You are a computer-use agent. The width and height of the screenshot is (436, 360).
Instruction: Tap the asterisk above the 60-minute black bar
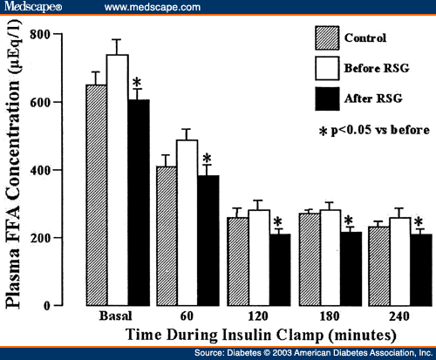click(207, 160)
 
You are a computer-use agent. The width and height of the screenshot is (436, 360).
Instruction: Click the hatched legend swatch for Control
click(326, 37)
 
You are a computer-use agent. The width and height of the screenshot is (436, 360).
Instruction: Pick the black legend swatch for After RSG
click(326, 96)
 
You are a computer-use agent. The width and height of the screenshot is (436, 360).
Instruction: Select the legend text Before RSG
click(377, 66)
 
